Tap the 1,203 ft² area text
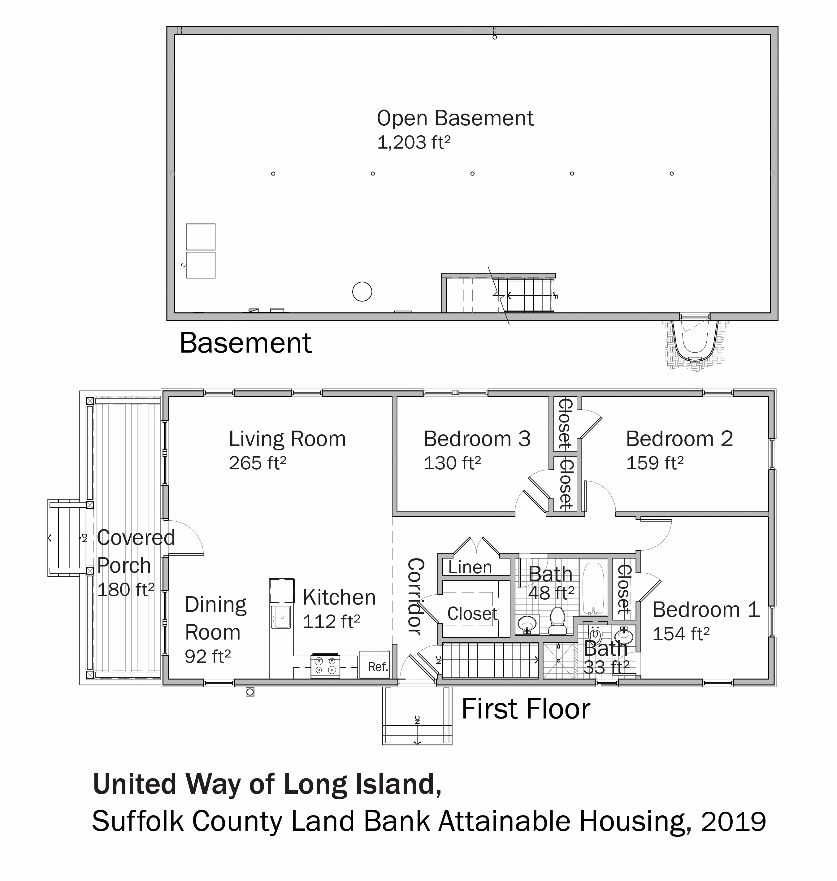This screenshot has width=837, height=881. coord(414,143)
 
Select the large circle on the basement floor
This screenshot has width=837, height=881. coord(362,292)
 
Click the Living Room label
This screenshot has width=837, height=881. coord(287,439)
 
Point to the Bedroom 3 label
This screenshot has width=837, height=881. coord(477,439)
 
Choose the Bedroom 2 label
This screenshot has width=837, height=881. coord(679,439)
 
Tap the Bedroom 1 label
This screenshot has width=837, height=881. coord(706,610)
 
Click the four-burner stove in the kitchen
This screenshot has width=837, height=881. coord(325,666)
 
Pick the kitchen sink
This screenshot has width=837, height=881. coord(281,617)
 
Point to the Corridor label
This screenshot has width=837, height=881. coord(415,596)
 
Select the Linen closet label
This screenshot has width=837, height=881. coord(470,568)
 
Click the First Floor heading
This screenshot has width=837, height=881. coord(526,709)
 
